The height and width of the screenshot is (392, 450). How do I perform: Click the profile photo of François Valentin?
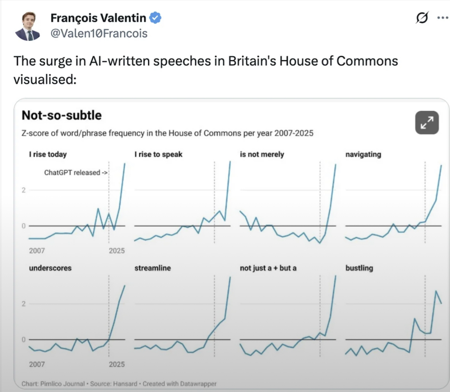(x=27, y=26)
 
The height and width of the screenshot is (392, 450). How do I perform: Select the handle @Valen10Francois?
(x=99, y=34)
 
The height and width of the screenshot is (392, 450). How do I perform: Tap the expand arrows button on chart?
(x=427, y=122)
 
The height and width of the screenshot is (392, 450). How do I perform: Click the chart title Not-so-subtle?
(x=62, y=115)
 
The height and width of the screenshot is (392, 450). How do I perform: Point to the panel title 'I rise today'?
(x=48, y=154)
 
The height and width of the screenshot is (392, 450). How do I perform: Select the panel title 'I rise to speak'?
(x=158, y=154)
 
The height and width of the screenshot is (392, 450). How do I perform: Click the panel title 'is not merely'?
(x=262, y=154)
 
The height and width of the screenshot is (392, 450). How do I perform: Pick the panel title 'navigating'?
(x=363, y=154)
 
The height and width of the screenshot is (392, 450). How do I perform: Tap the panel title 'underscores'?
(x=50, y=268)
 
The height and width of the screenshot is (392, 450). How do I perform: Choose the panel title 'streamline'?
(x=153, y=268)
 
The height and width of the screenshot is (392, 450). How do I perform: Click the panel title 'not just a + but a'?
(x=268, y=268)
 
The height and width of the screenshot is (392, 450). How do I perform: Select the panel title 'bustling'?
(x=359, y=268)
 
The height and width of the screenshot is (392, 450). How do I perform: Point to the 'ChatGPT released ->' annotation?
(x=76, y=173)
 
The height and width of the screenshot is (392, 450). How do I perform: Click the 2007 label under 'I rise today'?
(x=37, y=251)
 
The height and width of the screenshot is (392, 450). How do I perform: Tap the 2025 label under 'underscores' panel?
(x=117, y=364)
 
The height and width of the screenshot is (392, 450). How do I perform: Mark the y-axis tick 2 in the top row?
(x=23, y=190)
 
